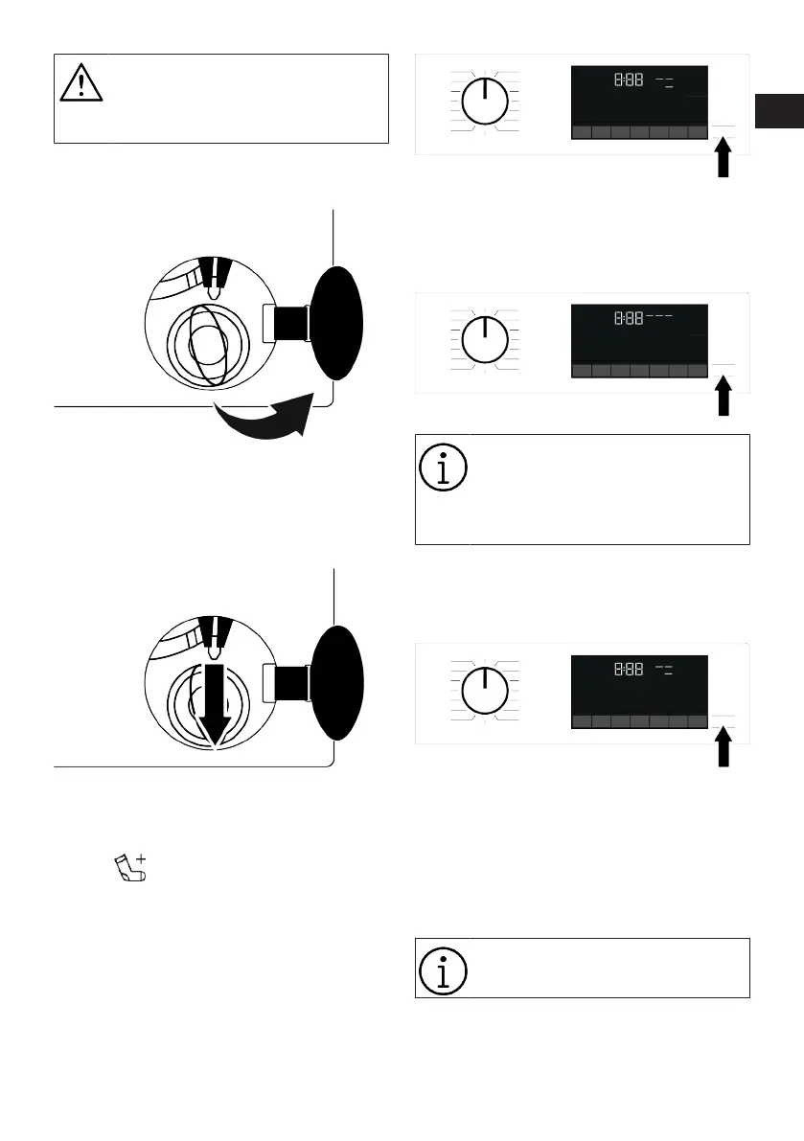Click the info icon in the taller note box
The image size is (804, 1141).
(x=443, y=468)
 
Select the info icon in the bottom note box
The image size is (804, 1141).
(x=443, y=970)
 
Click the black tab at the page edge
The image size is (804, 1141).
(x=776, y=111)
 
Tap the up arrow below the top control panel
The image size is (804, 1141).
(x=724, y=158)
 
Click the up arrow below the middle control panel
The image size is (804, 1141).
(x=724, y=396)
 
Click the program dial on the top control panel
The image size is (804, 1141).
(x=485, y=101)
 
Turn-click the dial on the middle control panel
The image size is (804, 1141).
(x=485, y=339)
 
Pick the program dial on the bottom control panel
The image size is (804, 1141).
(x=485, y=691)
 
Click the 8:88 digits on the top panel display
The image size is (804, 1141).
(x=629, y=82)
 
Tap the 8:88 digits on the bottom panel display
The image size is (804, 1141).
(x=629, y=672)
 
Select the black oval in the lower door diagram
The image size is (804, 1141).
(x=338, y=682)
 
